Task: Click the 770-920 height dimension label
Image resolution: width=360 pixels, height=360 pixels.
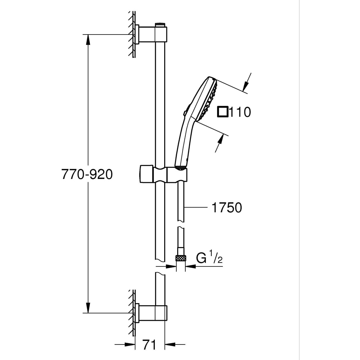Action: tap(87, 175)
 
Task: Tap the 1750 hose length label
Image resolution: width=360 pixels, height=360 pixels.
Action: tap(226, 208)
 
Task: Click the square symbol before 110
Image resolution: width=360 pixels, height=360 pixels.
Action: tap(223, 112)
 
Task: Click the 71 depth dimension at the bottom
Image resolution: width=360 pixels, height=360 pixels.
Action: tap(149, 345)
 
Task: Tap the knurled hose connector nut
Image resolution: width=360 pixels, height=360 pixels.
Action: tap(180, 258)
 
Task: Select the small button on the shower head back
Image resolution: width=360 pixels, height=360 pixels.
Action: tap(185, 113)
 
